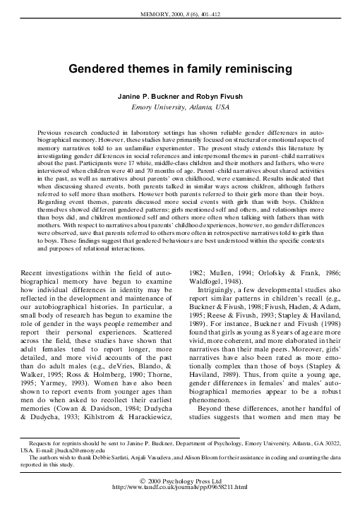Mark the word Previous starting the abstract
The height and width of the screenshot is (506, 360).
coord(54,133)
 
